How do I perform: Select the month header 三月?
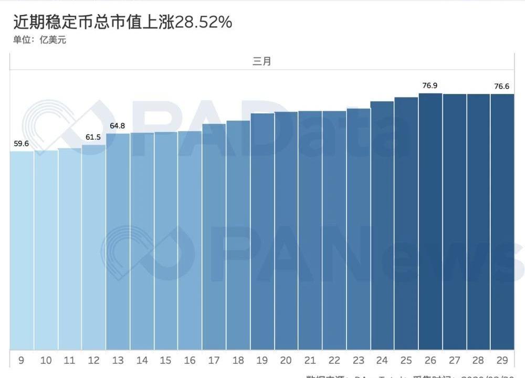pyautogui.click(x=262, y=61)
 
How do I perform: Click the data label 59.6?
pyautogui.click(x=21, y=143)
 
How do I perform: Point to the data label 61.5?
pyautogui.click(x=93, y=137)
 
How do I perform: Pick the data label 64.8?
pyautogui.click(x=118, y=125)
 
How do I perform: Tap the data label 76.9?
pyautogui.click(x=430, y=85)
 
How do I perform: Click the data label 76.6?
pyautogui.click(x=502, y=86)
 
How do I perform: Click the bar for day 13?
pyautogui.click(x=118, y=242)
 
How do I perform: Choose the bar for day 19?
pyautogui.click(x=262, y=231)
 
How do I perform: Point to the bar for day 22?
pyautogui.click(x=334, y=231)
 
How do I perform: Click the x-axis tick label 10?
pyautogui.click(x=46, y=360)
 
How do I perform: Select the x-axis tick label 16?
pyautogui.click(x=190, y=360)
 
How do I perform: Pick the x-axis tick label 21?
pyautogui.click(x=310, y=360)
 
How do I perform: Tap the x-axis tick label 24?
pyautogui.click(x=382, y=360)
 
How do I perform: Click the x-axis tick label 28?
pyautogui.click(x=478, y=360)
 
